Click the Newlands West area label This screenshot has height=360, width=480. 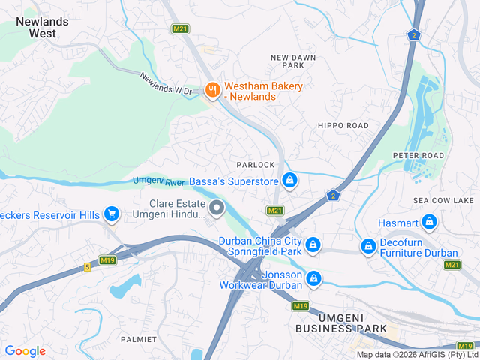pos(42,27)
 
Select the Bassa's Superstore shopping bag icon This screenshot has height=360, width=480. pos(289,181)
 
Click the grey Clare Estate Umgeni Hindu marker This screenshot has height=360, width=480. pos(217,208)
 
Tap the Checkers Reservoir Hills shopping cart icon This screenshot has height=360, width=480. pos(112,214)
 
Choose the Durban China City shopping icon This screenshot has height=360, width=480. pos(313,244)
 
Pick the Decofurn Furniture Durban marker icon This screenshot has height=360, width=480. pos(368,246)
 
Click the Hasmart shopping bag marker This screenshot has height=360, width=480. pos(429,221)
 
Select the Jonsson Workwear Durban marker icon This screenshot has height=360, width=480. pos(313,278)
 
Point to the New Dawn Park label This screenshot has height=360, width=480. pos(293,61)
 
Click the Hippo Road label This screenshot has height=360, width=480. pos(343,125)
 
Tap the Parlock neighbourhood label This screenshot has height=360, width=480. pos(256,164)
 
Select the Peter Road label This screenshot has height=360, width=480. pos(418,155)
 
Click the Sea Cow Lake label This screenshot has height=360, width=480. pos(444,201)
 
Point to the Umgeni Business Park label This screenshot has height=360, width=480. pos(341,323)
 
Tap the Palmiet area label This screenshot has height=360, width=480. pos(139,339)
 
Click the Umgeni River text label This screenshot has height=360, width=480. pos(159,181)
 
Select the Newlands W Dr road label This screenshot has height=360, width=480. pos(166,83)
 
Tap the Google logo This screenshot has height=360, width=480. pos(25,350)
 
